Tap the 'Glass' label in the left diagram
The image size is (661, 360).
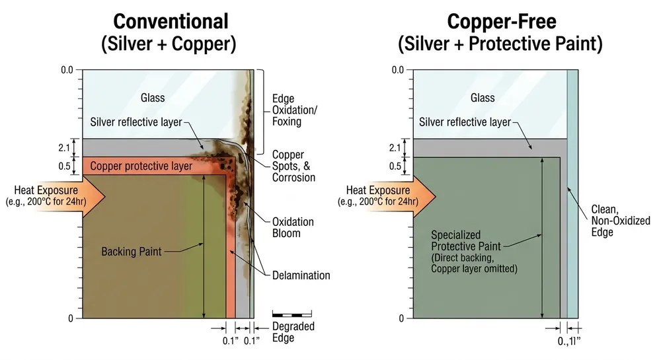coord(153,98)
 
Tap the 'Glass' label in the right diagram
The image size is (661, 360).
coord(483,98)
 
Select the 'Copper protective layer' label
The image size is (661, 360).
coord(141,165)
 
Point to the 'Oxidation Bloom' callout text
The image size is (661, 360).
coord(293,227)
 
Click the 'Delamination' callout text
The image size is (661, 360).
coord(301,275)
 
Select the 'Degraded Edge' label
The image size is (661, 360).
coord(293,332)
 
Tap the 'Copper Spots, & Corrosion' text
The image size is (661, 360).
coord(293,166)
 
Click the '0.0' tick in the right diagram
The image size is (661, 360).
coord(398,70)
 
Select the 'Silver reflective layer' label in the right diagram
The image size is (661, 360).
coord(465,122)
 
